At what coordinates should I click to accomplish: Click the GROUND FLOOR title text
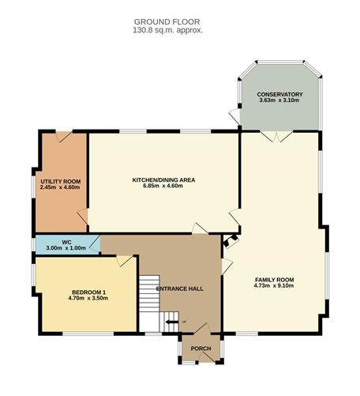168,21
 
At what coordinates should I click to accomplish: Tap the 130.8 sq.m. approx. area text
168,30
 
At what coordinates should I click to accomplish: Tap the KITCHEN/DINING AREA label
163,179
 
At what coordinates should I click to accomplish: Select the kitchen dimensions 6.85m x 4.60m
163,187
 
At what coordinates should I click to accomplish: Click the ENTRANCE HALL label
179,289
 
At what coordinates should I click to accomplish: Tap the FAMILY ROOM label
274,279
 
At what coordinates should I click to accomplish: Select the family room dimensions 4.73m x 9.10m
274,286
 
